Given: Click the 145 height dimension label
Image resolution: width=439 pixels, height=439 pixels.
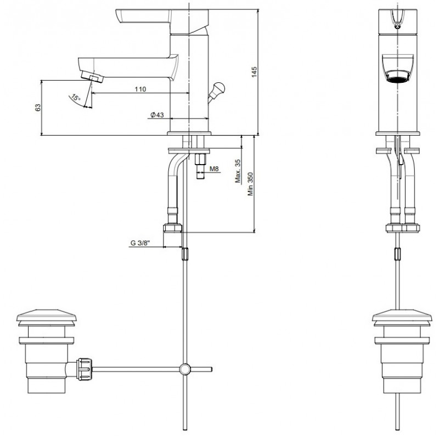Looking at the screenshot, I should [x=254, y=72].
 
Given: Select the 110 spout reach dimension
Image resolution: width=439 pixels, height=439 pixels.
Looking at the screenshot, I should [x=140, y=89].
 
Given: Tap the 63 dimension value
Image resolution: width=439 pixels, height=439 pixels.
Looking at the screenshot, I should [x=38, y=108].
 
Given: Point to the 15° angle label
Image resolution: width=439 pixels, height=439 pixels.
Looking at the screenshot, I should [x=76, y=98].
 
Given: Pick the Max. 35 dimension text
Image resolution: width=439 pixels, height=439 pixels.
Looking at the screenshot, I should [x=238, y=171].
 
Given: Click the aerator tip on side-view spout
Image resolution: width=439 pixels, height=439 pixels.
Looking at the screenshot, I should [x=92, y=77].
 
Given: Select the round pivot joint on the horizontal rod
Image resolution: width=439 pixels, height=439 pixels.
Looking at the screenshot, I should [x=185, y=369].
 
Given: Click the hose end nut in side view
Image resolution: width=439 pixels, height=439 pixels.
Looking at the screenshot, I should [x=172, y=228].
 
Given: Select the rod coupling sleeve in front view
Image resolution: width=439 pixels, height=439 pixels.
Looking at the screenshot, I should [x=397, y=255].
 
